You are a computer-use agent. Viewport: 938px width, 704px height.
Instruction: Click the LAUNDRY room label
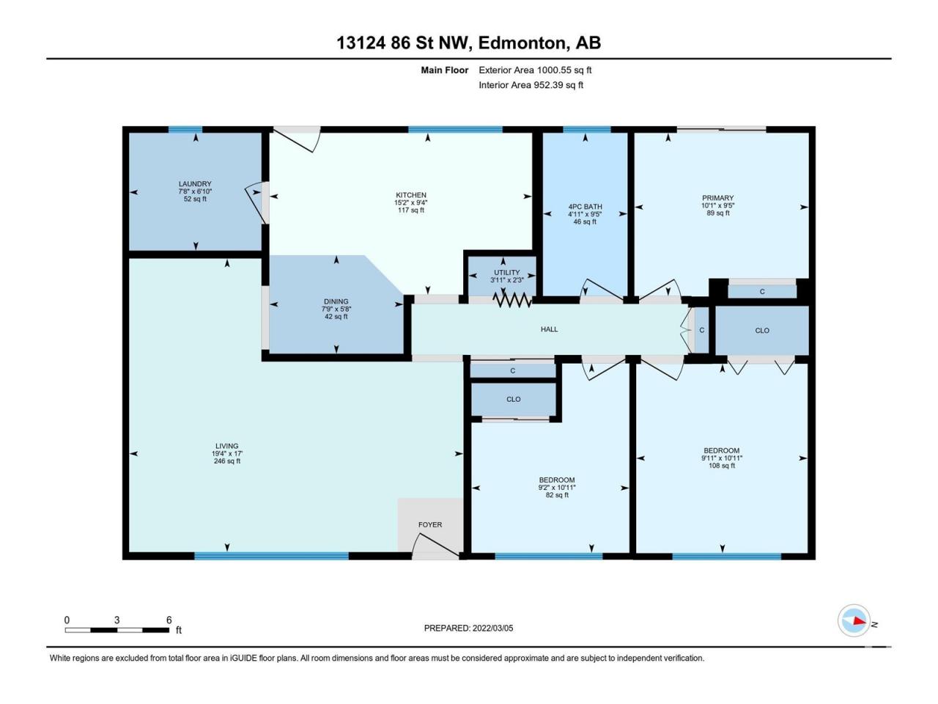tap(195, 184)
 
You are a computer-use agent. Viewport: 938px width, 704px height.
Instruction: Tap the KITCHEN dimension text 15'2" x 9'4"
tap(410, 202)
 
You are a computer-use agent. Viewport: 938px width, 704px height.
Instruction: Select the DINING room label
tap(336, 301)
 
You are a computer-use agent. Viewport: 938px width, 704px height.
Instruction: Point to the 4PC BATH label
tap(585, 207)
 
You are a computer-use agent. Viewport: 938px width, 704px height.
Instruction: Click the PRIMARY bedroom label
tap(718, 198)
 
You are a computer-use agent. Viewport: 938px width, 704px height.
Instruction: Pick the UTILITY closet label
tap(507, 272)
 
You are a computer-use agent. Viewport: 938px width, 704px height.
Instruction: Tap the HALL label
tap(549, 329)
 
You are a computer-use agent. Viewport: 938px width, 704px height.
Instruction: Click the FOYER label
tap(430, 524)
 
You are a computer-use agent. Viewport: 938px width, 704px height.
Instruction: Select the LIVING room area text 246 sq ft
tap(227, 461)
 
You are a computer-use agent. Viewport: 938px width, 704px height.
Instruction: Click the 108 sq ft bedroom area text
tap(722, 466)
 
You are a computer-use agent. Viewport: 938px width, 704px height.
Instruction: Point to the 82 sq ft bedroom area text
tap(557, 495)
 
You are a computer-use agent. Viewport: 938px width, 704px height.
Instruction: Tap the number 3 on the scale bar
tap(117, 620)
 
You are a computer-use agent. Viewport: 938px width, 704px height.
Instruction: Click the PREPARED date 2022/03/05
tap(492, 628)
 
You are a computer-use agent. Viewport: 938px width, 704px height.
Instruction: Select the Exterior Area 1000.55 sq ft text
tap(535, 70)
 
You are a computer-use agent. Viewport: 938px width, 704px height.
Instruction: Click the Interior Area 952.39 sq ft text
tap(531, 85)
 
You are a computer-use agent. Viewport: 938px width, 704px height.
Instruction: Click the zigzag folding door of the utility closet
tap(512, 300)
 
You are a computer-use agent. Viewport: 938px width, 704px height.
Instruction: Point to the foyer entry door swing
tap(436, 545)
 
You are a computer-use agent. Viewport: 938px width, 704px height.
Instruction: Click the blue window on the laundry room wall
tap(185, 130)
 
